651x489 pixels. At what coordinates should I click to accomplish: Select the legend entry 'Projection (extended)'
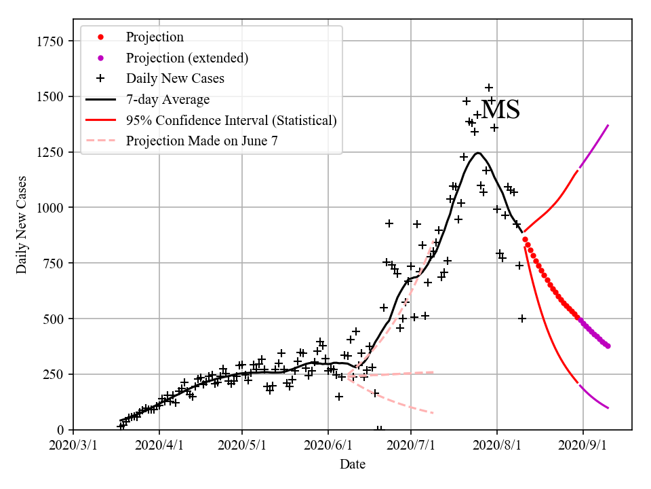[x=186, y=58]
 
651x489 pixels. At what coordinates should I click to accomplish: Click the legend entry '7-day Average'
[x=167, y=100]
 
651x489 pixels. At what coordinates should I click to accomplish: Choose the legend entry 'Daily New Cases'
[x=175, y=79]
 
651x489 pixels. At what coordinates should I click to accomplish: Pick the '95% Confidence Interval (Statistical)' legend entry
[x=231, y=121]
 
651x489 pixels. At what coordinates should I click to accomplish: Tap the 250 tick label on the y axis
[x=57, y=374]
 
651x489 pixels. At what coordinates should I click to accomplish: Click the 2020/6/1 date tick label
[x=328, y=447]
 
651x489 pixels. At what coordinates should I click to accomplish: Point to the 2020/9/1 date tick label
[x=583, y=447]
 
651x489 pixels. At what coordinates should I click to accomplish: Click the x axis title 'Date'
[x=353, y=465]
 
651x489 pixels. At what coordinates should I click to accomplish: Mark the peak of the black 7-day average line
[x=478, y=153]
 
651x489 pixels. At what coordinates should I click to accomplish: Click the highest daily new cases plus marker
[x=489, y=88]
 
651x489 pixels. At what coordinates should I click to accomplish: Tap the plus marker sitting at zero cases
[x=380, y=429]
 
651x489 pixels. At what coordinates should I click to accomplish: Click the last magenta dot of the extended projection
[x=608, y=346]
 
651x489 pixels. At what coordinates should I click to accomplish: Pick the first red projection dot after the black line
[x=525, y=239]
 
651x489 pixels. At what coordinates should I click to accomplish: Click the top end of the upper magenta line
[x=608, y=126]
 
